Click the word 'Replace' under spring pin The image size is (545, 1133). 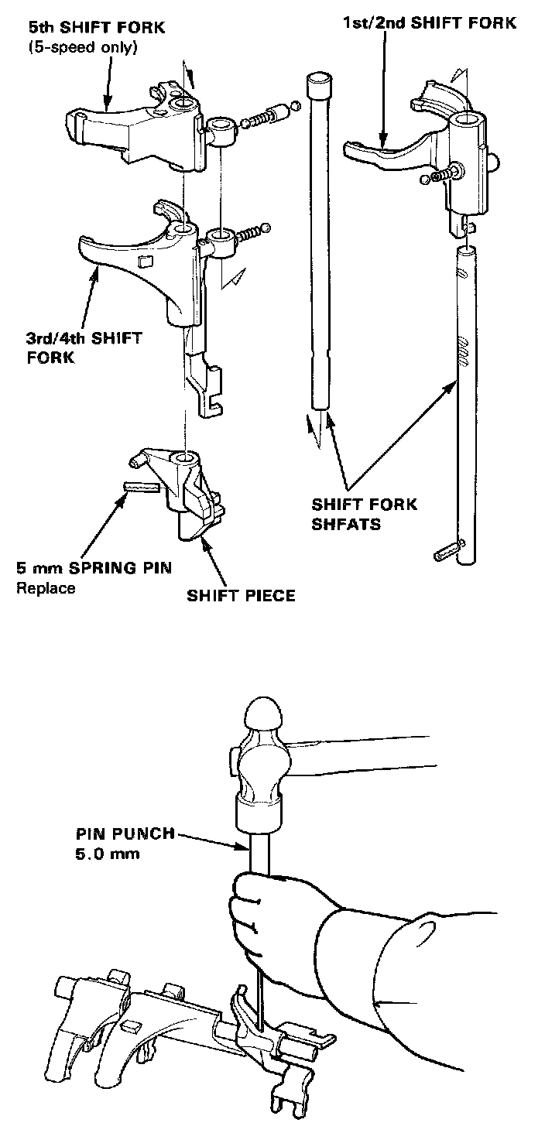pos(46,587)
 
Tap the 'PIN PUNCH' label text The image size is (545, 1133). pos(125,836)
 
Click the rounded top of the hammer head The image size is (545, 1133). pos(266,713)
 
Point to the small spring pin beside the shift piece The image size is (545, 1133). pos(141,487)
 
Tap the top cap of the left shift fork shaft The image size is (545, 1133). pos(319,80)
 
